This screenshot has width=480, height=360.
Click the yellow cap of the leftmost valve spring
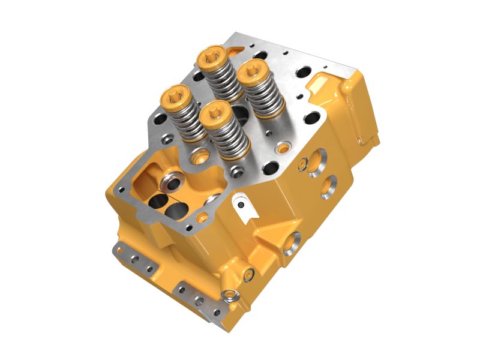(x=176, y=95)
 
